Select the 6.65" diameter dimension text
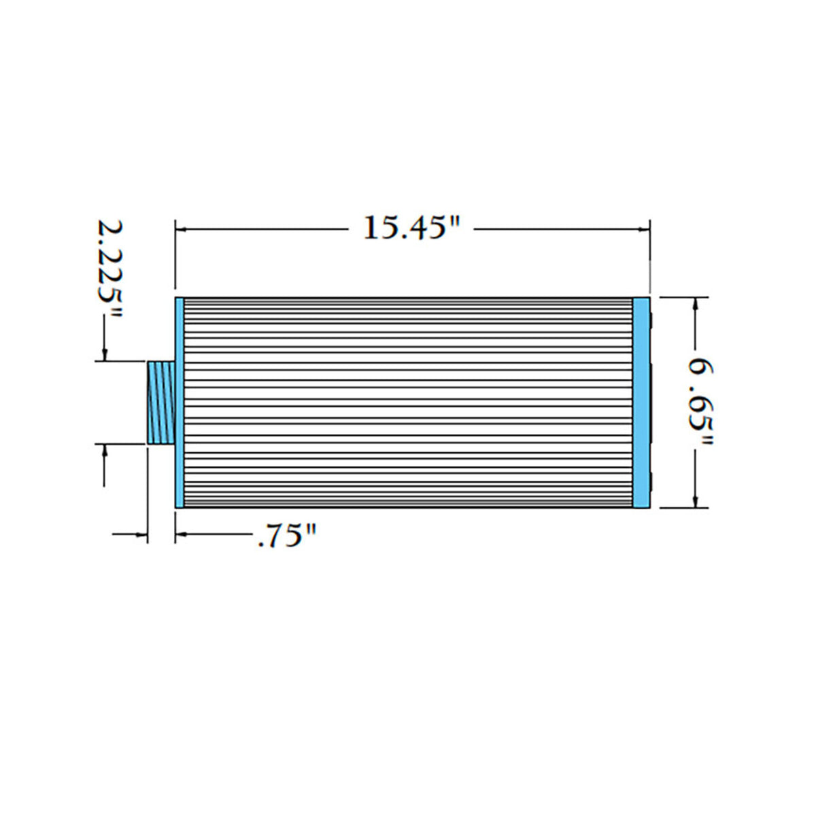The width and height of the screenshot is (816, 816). [698, 403]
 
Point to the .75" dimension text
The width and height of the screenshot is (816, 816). [287, 537]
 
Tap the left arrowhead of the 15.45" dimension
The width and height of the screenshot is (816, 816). [182, 229]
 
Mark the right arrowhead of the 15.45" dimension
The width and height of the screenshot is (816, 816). [644, 229]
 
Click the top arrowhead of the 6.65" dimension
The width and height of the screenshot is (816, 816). [695, 303]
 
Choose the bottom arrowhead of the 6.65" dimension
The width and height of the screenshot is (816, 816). [695, 501]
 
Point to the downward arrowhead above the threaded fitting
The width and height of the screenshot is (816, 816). [104, 355]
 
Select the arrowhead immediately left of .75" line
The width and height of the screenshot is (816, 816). [182, 535]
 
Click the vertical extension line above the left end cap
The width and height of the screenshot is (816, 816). [175, 258]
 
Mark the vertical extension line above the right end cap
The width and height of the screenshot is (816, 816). [650, 258]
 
